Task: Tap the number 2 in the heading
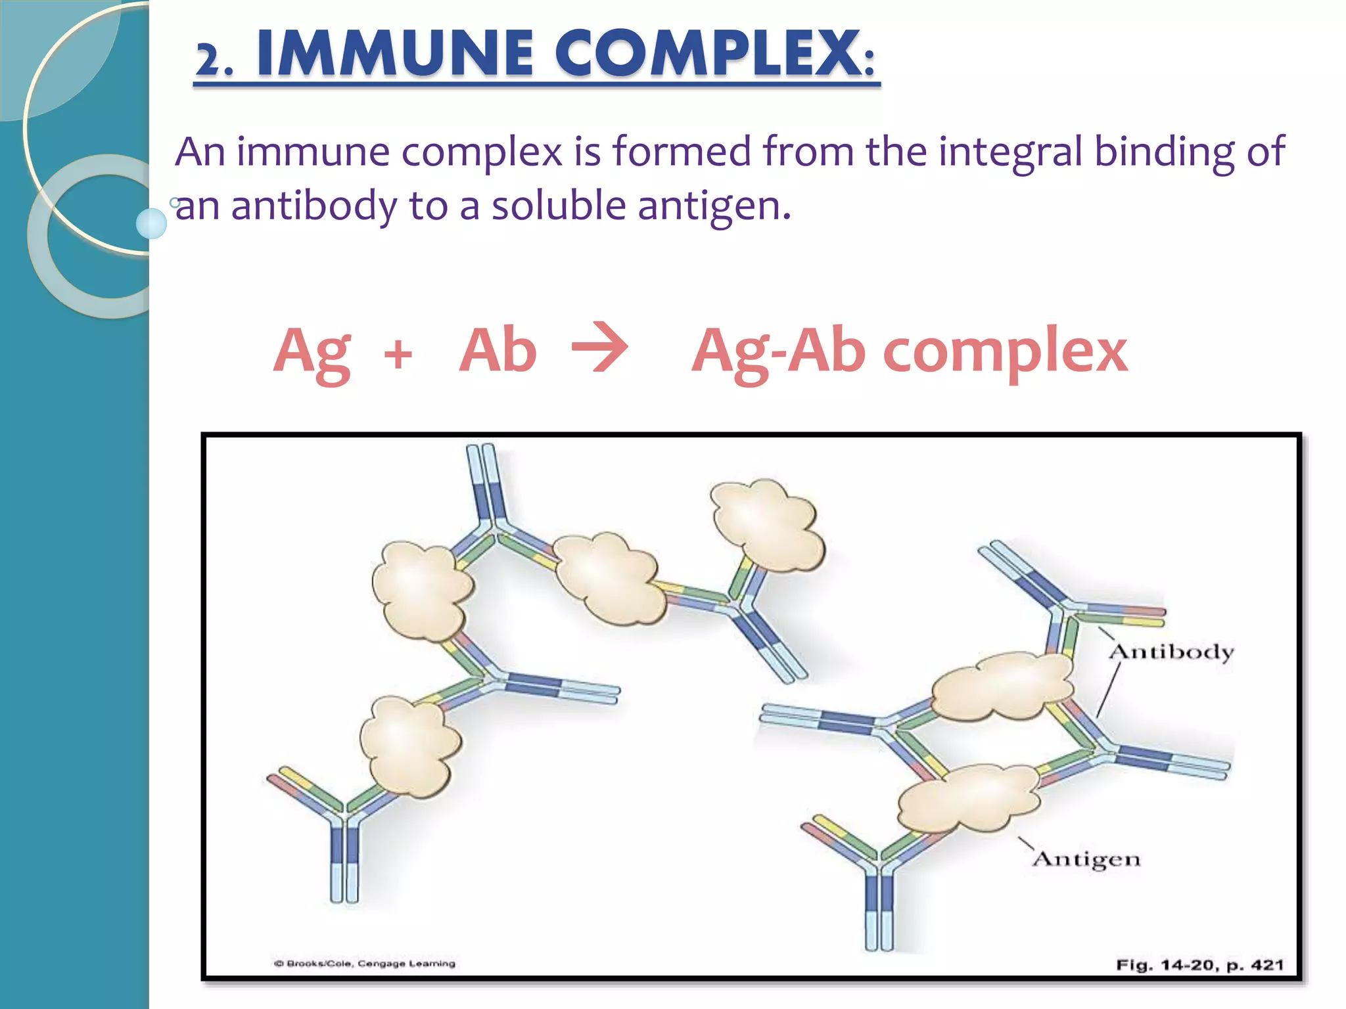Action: (209, 61)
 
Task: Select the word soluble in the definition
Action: (559, 206)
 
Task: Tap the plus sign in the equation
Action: (398, 354)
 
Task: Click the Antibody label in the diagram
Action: (1171, 652)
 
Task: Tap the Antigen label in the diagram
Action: (1086, 859)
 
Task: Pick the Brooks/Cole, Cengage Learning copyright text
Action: (365, 964)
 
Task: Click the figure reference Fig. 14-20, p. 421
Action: (1199, 965)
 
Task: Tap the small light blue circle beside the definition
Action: (151, 223)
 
